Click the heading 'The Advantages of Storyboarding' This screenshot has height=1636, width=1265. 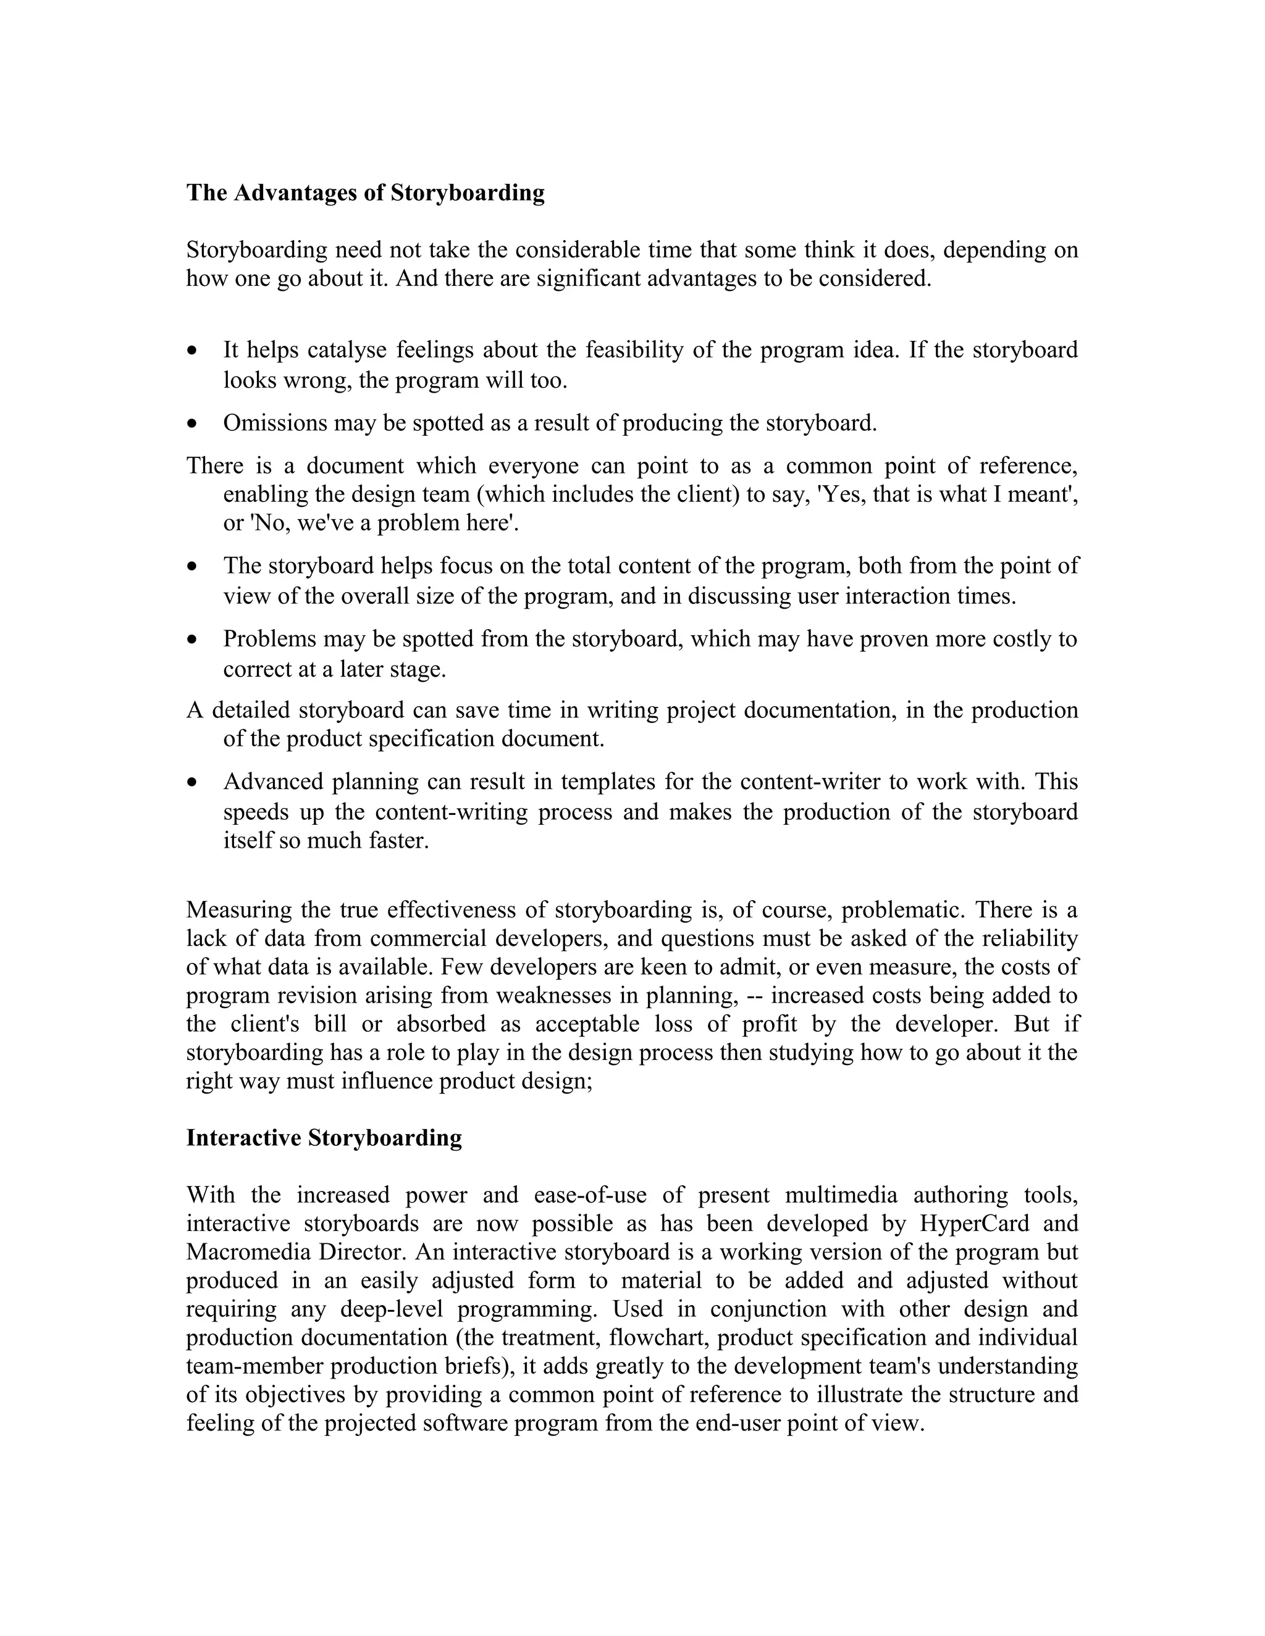pos(365,193)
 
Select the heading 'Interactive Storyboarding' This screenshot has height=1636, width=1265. pos(324,1138)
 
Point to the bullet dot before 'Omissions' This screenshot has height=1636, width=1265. pos(193,424)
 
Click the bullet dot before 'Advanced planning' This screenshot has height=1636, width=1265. pos(193,782)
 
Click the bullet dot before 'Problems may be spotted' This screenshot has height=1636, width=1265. pos(193,640)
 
